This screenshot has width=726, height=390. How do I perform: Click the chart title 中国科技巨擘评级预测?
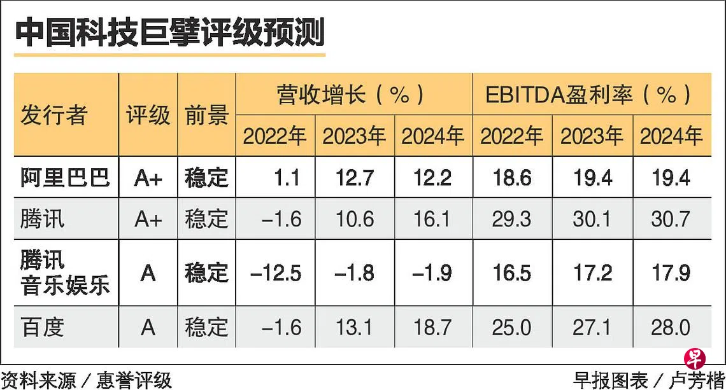tap(169, 32)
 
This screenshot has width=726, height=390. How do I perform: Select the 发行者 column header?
tap(53, 115)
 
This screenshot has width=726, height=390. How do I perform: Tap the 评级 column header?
tap(148, 115)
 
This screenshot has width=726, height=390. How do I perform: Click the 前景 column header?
tap(206, 115)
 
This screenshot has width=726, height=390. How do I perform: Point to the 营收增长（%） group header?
tap(351, 94)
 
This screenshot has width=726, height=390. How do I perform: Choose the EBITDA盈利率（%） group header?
tap(588, 94)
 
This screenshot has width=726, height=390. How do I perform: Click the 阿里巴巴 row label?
tap(66, 178)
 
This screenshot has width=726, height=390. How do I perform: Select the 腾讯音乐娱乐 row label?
tap(66, 272)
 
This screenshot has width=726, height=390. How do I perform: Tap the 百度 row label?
tap(42, 328)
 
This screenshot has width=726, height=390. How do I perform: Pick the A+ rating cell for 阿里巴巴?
tap(148, 178)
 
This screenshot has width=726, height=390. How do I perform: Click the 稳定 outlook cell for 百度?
tap(206, 328)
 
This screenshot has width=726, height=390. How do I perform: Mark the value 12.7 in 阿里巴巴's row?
tap(355, 178)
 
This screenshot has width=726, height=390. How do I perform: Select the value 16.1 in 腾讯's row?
tap(432, 219)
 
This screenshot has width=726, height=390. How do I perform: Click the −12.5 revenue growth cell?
tap(276, 273)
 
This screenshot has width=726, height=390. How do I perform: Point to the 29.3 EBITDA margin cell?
tap(511, 219)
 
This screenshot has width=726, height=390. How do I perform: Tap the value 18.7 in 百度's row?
tap(432, 328)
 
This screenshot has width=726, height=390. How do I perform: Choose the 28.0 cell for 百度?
tap(671, 328)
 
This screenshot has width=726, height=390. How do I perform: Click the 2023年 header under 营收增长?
tap(354, 136)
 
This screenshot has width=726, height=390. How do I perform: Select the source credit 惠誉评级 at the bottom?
tap(134, 380)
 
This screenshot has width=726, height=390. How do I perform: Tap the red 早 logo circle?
tap(695, 359)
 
